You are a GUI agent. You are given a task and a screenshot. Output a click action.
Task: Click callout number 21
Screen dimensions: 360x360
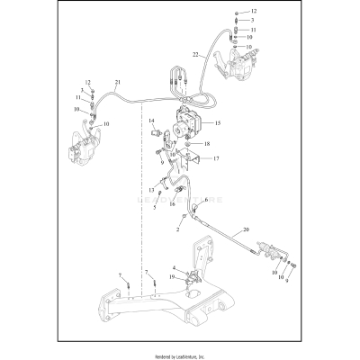pyautogui.click(x=117, y=83)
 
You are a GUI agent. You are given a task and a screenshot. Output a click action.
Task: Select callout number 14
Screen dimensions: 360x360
pyautogui.click(x=151, y=121)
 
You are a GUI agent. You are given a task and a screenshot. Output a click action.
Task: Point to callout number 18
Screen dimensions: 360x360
pyautogui.click(x=206, y=143)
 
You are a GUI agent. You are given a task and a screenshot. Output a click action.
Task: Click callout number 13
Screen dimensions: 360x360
pyautogui.click(x=151, y=191)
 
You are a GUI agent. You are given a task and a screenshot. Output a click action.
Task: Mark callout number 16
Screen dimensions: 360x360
pyautogui.click(x=172, y=204)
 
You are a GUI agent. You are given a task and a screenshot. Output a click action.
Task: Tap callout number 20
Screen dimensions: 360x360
pyautogui.click(x=246, y=229)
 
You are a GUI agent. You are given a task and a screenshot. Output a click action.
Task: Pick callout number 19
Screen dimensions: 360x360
pyautogui.click(x=171, y=279)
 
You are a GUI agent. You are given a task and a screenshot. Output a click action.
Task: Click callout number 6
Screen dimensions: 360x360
pyautogui.click(x=205, y=200)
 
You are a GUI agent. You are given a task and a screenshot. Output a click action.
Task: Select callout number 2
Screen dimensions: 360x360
pyautogui.click(x=179, y=230)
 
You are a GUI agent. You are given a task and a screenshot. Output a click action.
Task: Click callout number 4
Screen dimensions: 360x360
pyautogui.click(x=174, y=268)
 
